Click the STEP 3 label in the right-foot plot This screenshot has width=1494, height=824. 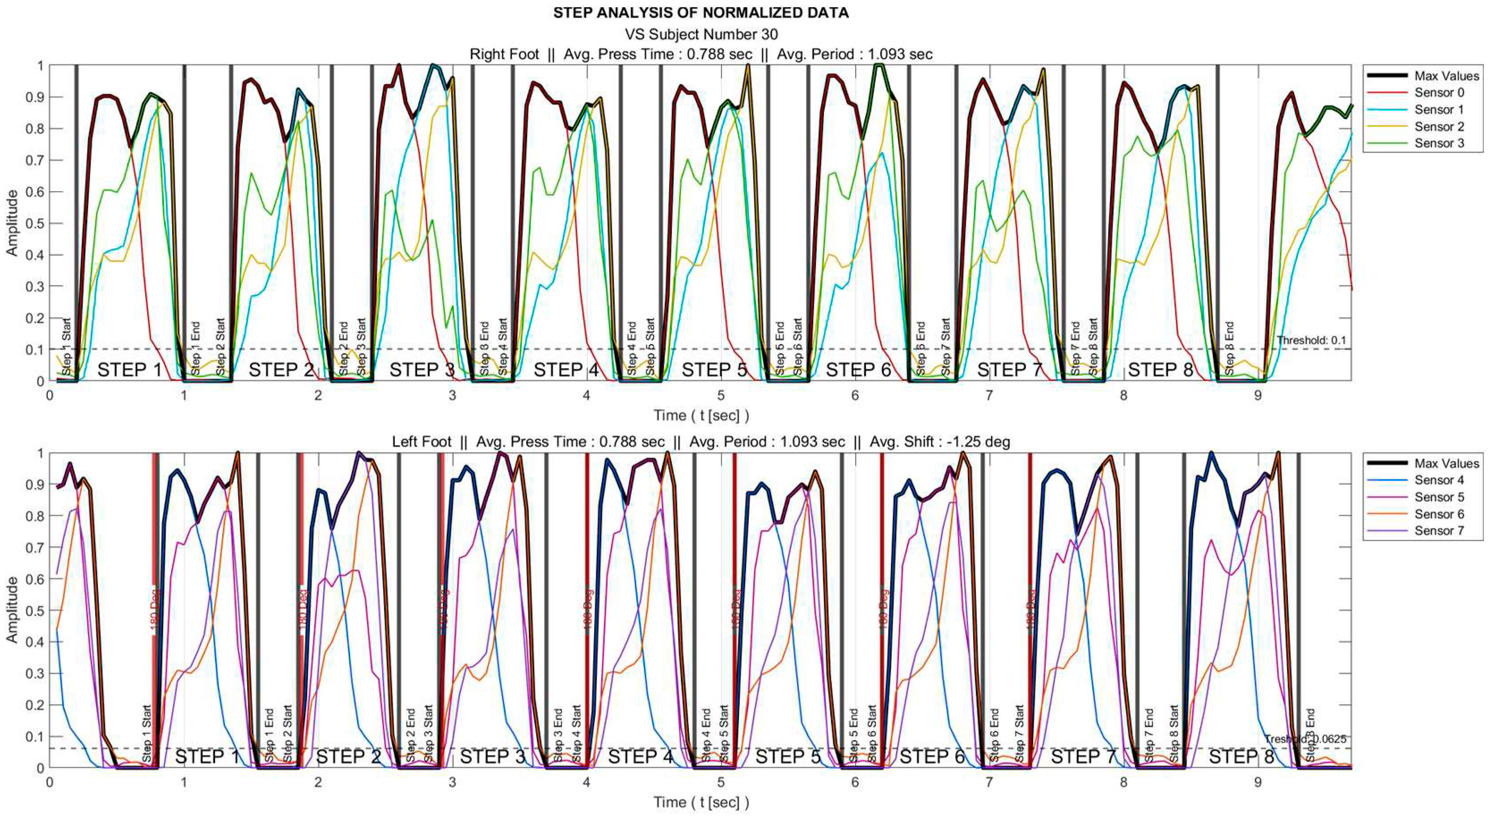point(422,370)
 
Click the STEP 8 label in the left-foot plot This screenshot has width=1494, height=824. point(1241,757)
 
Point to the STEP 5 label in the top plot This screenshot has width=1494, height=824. point(714,370)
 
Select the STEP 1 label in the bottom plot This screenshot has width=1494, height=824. point(207,757)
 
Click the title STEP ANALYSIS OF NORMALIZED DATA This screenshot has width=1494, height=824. point(701,13)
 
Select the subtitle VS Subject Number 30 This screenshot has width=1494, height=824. point(701,34)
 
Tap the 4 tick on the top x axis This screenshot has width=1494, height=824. point(587,395)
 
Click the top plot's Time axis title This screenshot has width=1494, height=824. point(701,415)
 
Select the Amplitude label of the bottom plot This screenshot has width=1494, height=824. point(12,610)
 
